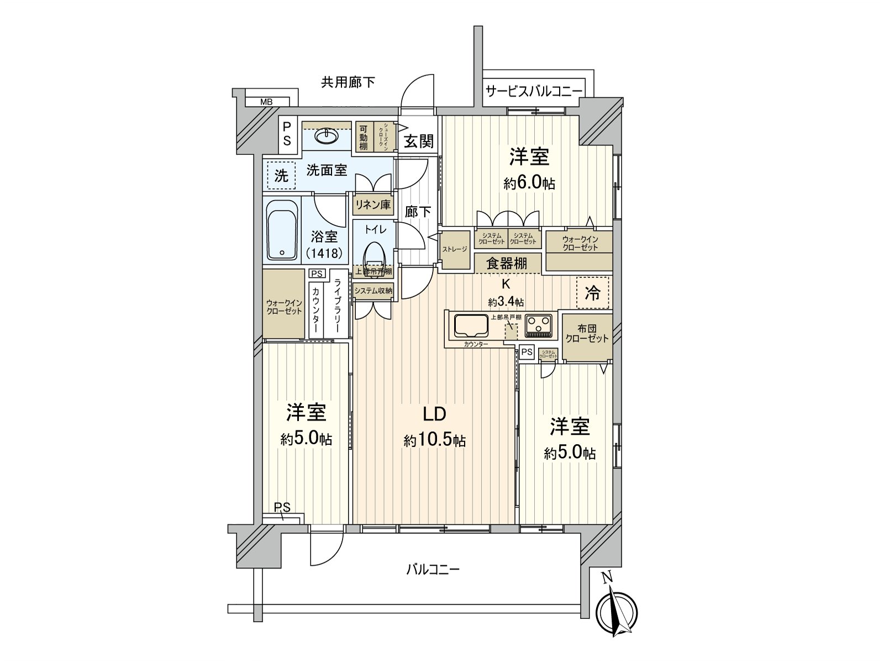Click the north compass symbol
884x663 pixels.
(617, 612)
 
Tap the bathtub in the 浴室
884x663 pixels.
(282, 230)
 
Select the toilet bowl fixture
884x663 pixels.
(374, 255)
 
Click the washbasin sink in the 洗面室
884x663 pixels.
(328, 135)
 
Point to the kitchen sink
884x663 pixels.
(471, 325)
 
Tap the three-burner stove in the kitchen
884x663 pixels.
(538, 325)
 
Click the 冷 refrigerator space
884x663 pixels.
(592, 293)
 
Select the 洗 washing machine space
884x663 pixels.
(281, 176)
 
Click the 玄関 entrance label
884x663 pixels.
(418, 141)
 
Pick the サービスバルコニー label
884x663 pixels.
(534, 91)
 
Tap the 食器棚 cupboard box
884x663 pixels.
(506, 264)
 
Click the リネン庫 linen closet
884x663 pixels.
(373, 205)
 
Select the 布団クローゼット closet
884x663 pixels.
(587, 334)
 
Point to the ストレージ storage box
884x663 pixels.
(454, 249)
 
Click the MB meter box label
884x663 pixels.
(266, 102)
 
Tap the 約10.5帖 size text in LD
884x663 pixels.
(434, 441)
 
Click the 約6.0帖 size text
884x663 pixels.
(529, 184)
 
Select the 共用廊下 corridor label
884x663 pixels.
(348, 82)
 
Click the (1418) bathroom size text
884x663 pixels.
(324, 253)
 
